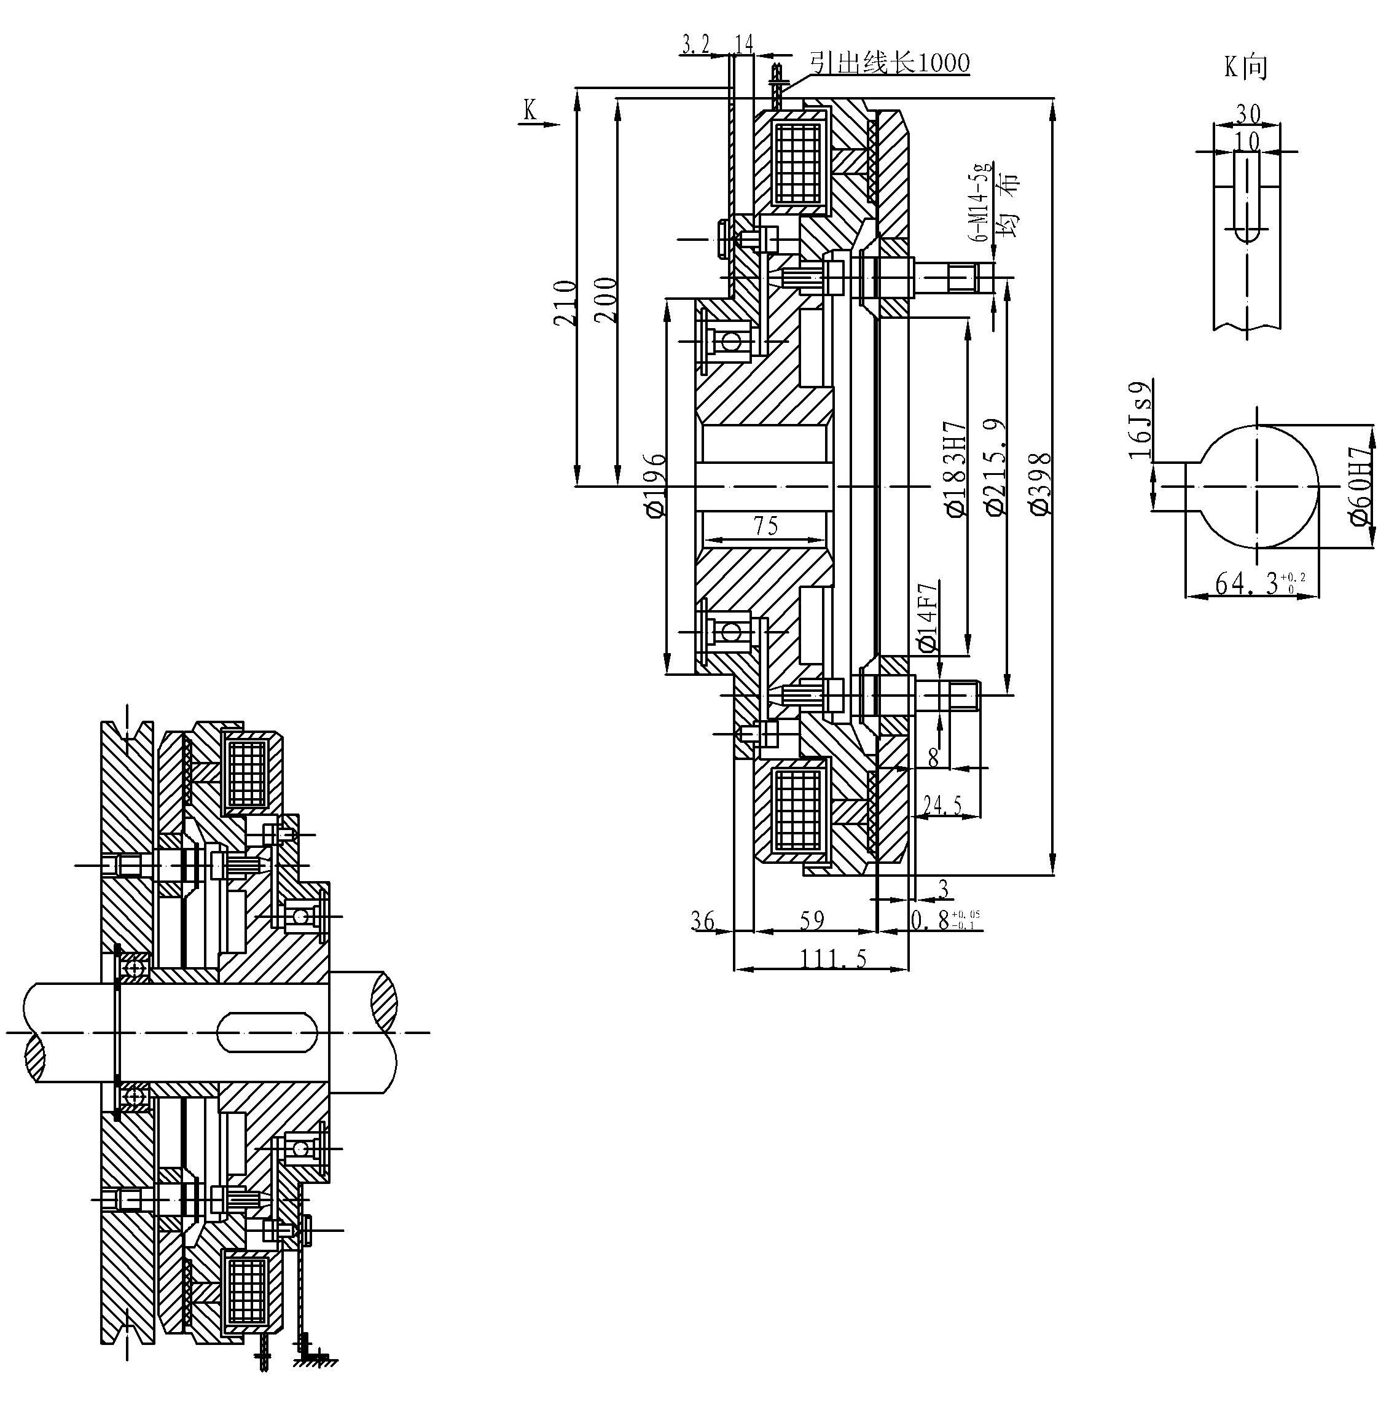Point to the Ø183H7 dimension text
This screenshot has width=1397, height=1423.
[x=957, y=469]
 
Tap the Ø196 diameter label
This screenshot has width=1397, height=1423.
[x=656, y=484]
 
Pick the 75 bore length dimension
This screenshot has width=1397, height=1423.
[x=765, y=525]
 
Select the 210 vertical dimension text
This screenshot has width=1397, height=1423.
[x=565, y=302]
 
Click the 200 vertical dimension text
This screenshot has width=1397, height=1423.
[x=605, y=299]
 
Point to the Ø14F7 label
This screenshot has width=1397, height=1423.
[x=928, y=616]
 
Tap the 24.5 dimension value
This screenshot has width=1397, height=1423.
[x=943, y=805]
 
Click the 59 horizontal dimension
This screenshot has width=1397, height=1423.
[x=812, y=920]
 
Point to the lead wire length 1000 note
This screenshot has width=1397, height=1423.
[x=890, y=63]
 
